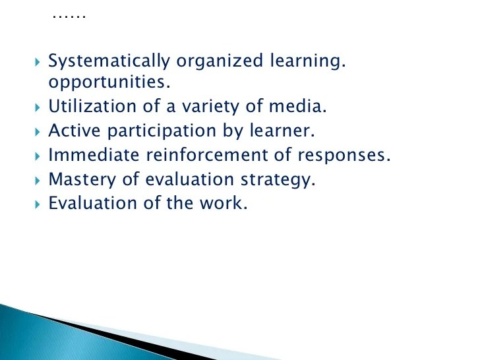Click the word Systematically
[x=109, y=63]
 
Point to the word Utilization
[x=90, y=107]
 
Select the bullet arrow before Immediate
[x=36, y=156]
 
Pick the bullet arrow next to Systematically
[x=36, y=63]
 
